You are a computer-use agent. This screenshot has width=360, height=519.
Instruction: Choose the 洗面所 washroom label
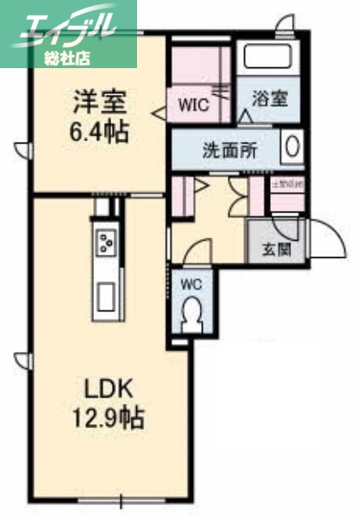(x=229, y=151)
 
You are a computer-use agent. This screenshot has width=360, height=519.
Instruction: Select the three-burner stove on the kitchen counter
(x=106, y=241)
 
